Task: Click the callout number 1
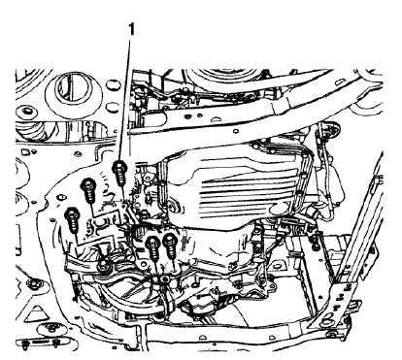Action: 130,32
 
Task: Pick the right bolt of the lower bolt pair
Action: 170,240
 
